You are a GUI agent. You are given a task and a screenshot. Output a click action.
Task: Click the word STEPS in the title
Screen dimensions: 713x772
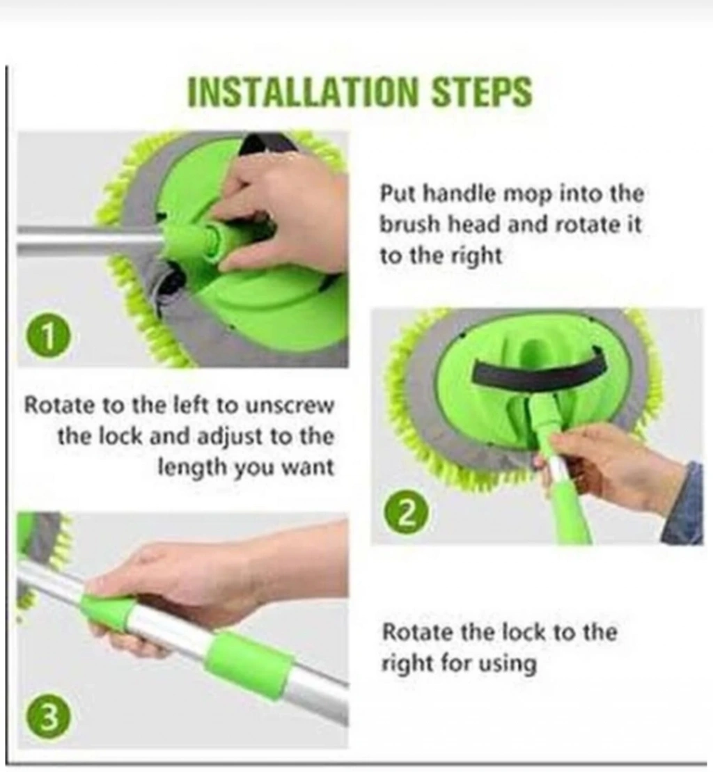point(482,92)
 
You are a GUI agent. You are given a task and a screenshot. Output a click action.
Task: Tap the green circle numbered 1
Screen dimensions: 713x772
point(48,338)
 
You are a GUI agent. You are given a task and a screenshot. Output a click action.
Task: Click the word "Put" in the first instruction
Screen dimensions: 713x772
point(397,194)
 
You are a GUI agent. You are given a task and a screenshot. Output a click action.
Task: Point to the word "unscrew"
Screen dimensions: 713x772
point(290,406)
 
